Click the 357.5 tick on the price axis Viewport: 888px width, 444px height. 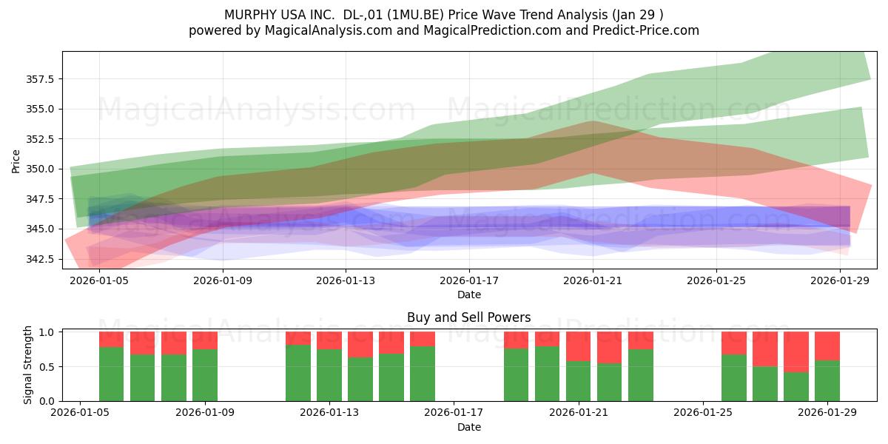point(40,79)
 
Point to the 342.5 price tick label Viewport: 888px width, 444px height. point(40,259)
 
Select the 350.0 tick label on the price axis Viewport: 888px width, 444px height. point(40,169)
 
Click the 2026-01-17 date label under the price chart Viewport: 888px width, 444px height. point(469,280)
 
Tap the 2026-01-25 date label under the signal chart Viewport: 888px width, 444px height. point(703,413)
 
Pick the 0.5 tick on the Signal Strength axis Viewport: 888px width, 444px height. point(47,367)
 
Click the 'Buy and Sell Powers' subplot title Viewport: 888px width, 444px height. point(469,317)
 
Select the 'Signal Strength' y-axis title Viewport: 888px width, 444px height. point(27,365)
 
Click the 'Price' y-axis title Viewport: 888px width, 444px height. point(16,161)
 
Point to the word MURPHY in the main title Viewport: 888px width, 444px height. point(251,15)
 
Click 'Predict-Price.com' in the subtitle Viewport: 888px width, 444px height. point(646,30)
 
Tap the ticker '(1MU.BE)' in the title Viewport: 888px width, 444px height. point(415,15)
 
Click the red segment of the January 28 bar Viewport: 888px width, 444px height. point(796,352)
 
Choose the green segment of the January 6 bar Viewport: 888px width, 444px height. point(112,374)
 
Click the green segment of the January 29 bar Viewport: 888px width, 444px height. point(827,381)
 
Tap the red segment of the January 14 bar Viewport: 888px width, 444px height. point(360,345)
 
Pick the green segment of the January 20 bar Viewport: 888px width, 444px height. point(547,374)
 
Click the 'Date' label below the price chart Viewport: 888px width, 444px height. point(469,295)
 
